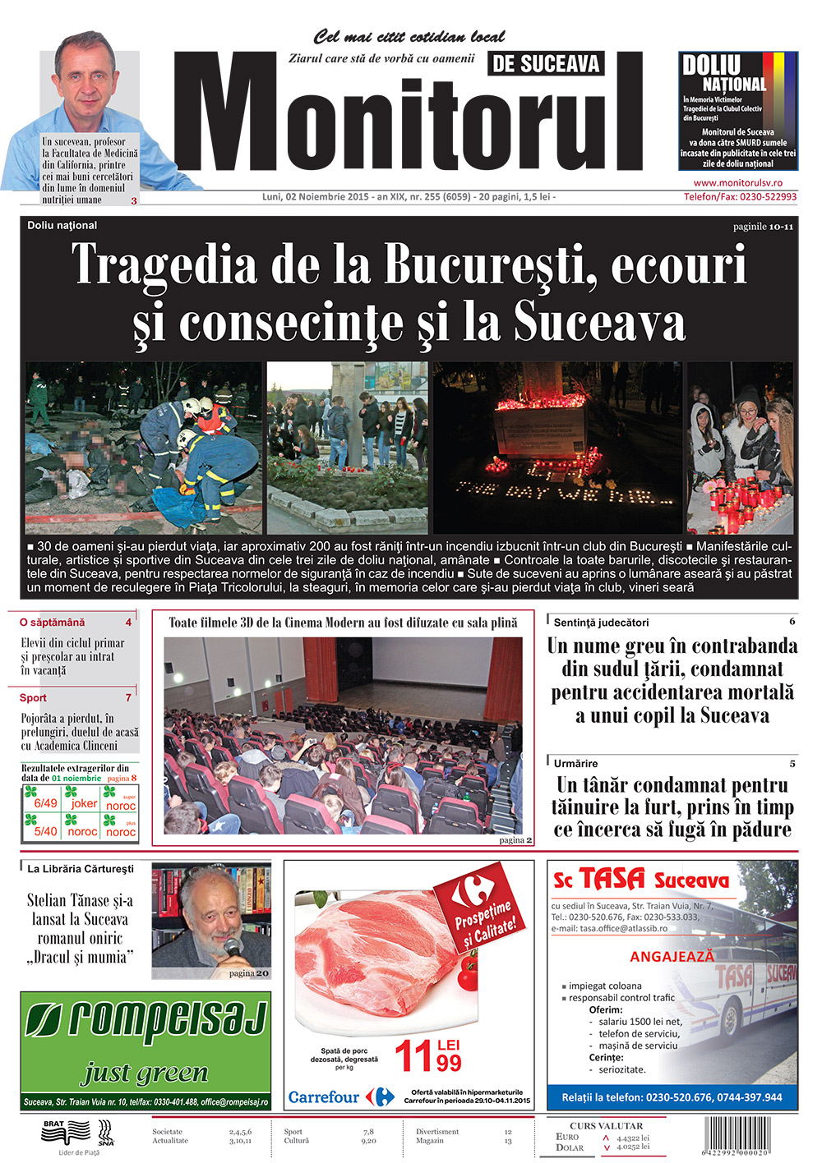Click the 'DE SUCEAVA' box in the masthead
[546, 63]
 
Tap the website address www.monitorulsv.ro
[737, 183]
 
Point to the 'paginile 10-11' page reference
[763, 227]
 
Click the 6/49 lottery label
[46, 803]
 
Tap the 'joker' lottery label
[84, 803]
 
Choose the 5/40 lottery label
[46, 831]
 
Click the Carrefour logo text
[324, 1097]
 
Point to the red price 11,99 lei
[428, 1056]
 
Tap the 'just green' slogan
[145, 1073]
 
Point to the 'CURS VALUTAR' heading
[606, 1125]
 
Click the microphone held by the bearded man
[232, 948]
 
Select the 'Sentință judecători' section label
[601, 623]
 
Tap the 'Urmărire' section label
[575, 763]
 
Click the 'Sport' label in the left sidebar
[33, 697]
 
